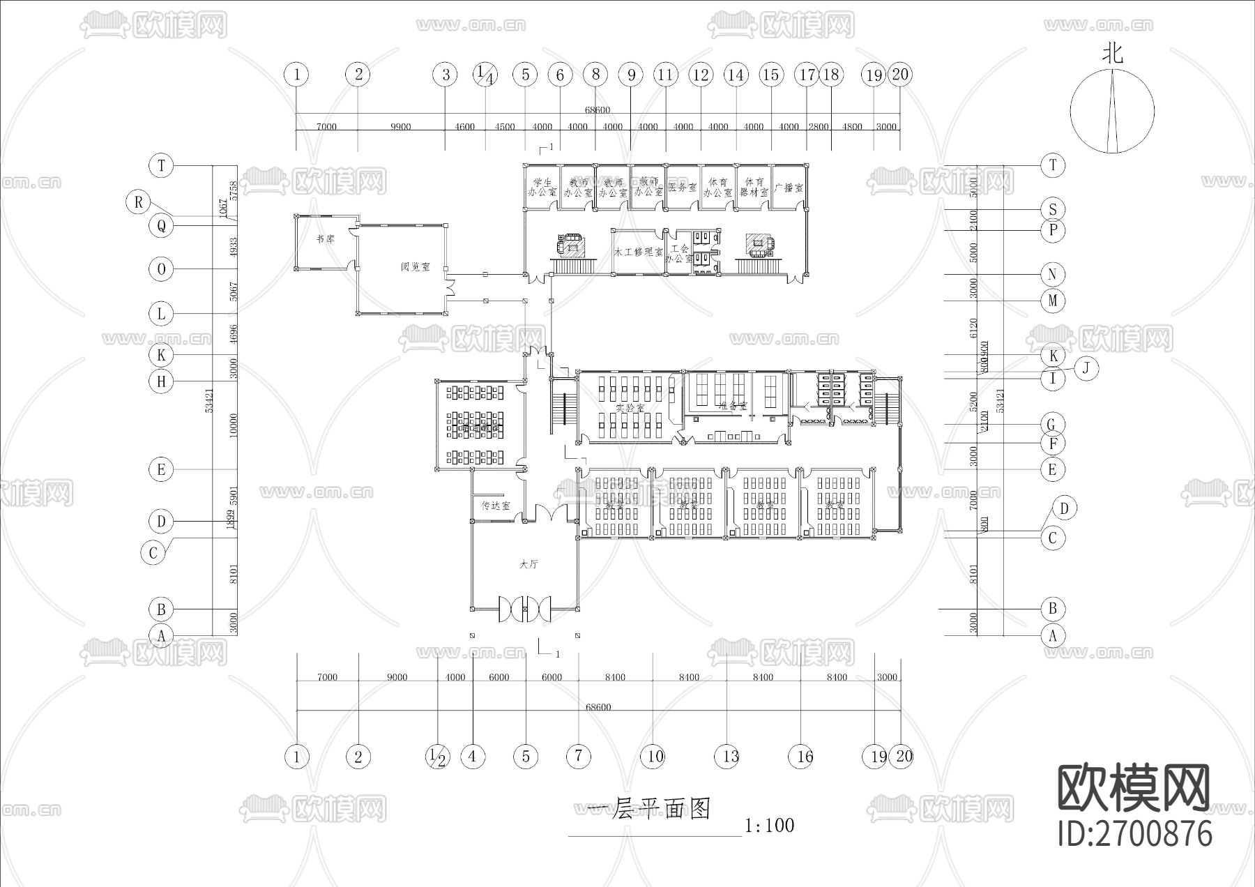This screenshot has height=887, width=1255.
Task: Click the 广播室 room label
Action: pos(789,188)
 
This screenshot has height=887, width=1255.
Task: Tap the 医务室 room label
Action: pos(683,188)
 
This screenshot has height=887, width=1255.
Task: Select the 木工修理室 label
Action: pos(638,252)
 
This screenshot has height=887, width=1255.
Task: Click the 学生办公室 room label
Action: pos(541,187)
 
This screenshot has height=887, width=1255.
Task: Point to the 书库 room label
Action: pos(325,239)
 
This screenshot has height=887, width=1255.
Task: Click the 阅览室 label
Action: pos(415,267)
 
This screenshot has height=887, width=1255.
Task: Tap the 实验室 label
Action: pos(630,408)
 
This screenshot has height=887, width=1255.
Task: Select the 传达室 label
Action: pos(495,506)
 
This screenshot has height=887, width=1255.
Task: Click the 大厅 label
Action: pos(528,564)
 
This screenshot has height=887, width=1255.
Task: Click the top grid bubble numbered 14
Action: pos(736,75)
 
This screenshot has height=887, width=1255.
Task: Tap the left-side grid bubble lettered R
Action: pos(139,202)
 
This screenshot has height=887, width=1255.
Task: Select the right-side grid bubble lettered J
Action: pos(1086,368)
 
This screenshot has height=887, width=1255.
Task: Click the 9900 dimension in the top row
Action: pos(400,127)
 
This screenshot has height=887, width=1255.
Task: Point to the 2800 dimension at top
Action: pos(819,127)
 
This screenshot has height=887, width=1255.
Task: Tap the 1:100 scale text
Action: pos(769,826)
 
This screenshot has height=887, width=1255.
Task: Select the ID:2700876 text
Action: pos(1135,833)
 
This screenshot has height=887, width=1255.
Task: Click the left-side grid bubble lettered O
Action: pos(161,269)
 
